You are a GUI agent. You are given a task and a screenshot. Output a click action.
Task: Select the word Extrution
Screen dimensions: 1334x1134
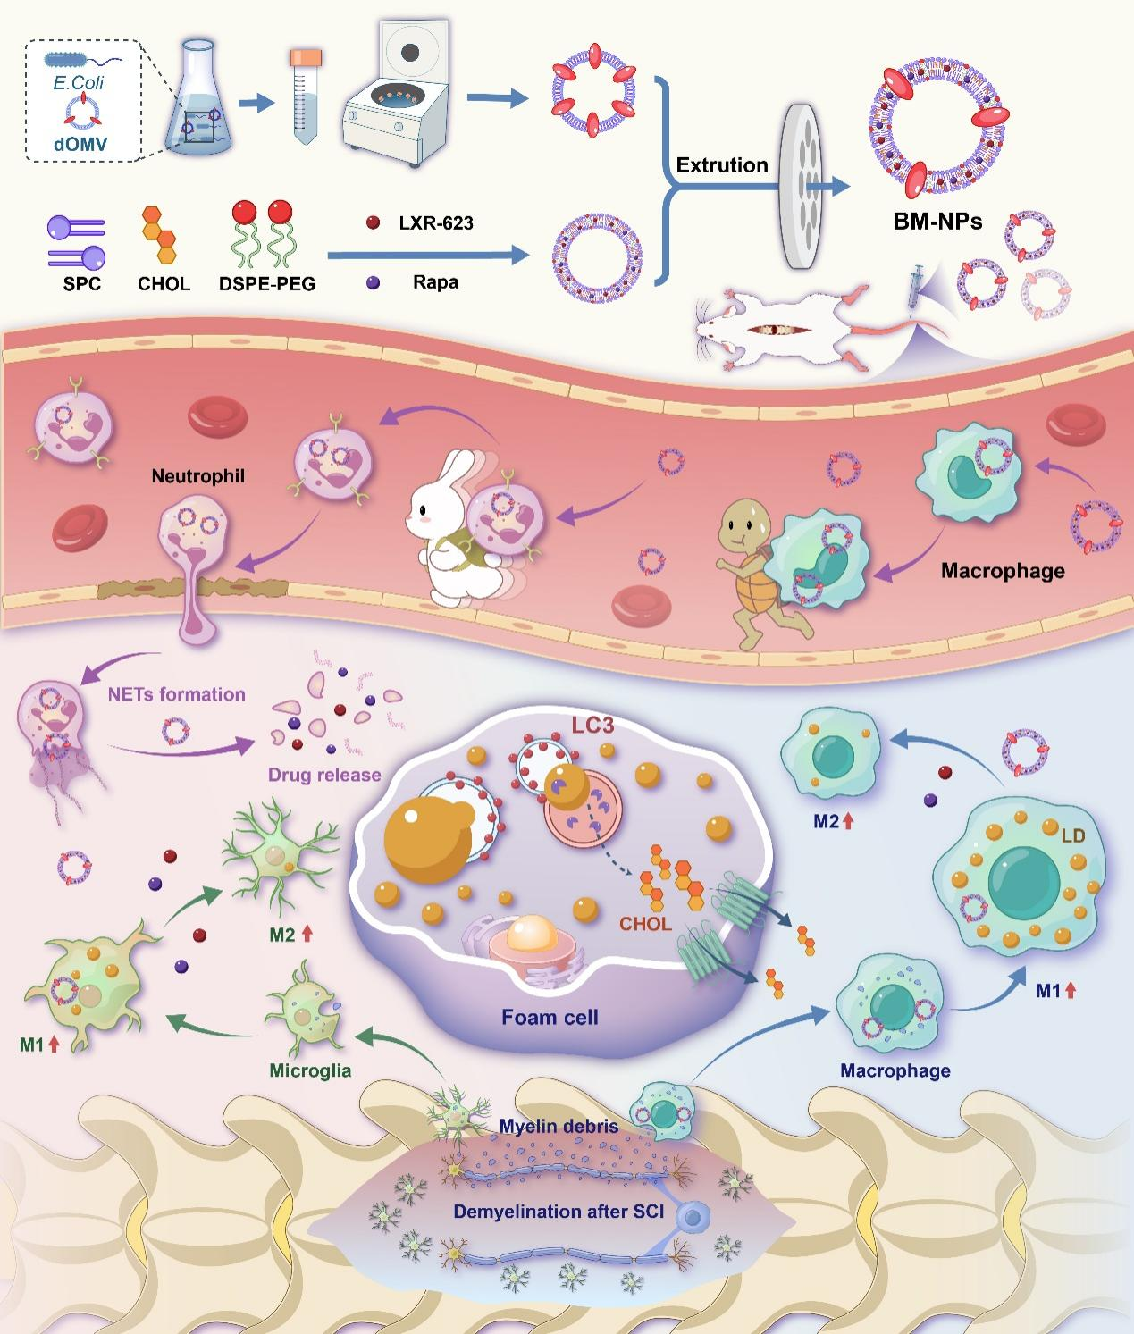point(722,165)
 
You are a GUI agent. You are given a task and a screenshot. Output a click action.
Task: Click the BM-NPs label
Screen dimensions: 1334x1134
point(937,221)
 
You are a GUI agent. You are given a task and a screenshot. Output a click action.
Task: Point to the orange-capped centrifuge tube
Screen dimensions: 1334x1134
point(305,98)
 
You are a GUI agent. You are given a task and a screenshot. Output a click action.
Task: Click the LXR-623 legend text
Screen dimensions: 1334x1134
point(435,222)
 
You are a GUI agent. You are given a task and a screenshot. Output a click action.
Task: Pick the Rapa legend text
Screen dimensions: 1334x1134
point(435,282)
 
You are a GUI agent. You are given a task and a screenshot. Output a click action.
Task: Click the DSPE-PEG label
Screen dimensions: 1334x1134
point(266,284)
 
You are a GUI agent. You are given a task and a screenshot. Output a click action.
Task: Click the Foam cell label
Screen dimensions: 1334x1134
point(550,1017)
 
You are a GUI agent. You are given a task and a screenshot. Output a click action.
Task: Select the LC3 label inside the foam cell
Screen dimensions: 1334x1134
point(593,725)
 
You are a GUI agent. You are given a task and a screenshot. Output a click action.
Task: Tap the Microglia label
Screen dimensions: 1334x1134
point(310,1070)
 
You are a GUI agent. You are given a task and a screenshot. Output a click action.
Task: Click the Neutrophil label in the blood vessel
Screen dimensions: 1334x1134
point(197,476)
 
